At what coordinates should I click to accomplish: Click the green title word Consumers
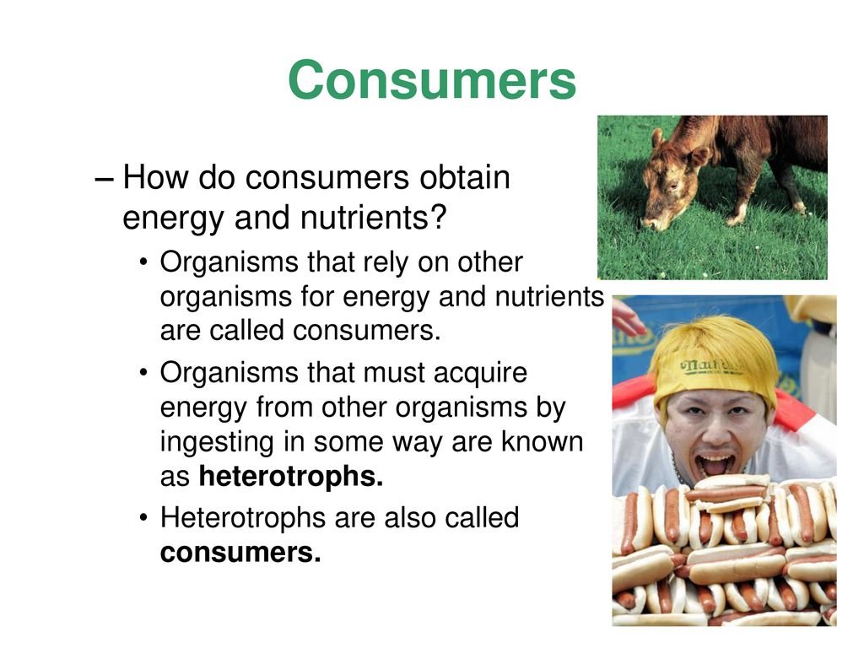(431, 82)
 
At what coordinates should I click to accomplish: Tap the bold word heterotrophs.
(291, 477)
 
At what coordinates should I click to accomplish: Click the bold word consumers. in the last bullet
(240, 553)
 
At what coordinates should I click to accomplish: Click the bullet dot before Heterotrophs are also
(146, 519)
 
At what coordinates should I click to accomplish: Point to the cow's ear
(697, 155)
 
